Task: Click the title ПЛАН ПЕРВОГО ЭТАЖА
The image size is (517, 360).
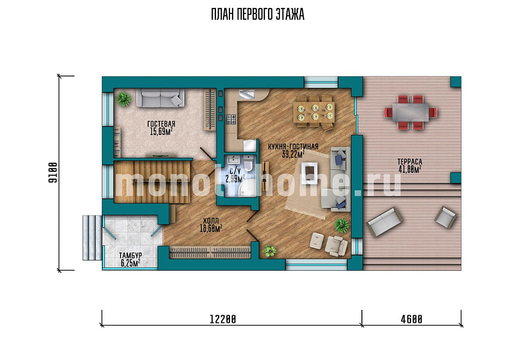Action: click(x=257, y=15)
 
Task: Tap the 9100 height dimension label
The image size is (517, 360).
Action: click(x=53, y=173)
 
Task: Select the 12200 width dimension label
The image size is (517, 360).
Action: click(x=223, y=319)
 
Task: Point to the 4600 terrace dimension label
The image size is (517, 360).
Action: click(x=411, y=319)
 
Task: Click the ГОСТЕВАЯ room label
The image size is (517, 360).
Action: click(x=161, y=124)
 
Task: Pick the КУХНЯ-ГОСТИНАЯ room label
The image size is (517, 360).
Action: click(x=293, y=146)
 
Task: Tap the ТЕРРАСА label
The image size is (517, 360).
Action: click(x=409, y=162)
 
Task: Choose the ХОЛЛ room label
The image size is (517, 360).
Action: click(x=211, y=221)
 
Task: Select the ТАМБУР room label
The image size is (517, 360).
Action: click(x=130, y=255)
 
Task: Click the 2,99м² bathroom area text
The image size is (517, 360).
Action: click(x=235, y=179)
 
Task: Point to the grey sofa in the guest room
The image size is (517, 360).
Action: click(x=160, y=97)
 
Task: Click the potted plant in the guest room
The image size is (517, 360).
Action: click(x=124, y=99)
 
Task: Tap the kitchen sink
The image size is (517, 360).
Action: click(x=247, y=94)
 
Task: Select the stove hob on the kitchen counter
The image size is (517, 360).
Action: click(x=231, y=119)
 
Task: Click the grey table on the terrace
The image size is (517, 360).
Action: click(x=410, y=112)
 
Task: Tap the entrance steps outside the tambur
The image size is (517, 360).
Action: click(x=92, y=237)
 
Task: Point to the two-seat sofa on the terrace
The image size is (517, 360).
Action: click(x=385, y=222)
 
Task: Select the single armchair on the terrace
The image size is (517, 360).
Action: click(x=446, y=217)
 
